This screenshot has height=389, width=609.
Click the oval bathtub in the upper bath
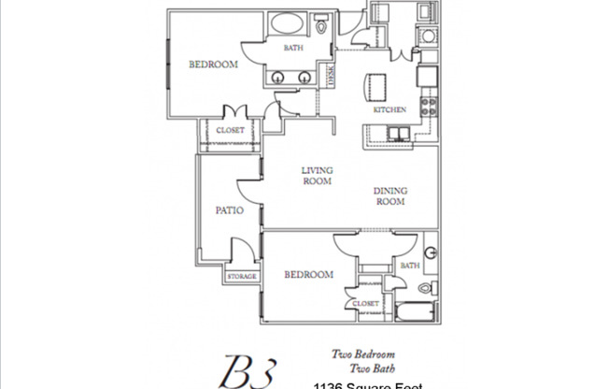click(x=290, y=26)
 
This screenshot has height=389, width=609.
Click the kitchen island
click(x=377, y=89)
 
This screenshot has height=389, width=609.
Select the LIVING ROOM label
click(x=317, y=176)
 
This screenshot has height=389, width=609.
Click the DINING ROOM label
click(x=391, y=195)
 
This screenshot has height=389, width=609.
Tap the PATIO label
click(x=229, y=210)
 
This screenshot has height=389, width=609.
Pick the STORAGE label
click(x=241, y=277)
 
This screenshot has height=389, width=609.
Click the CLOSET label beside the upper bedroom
click(x=230, y=131)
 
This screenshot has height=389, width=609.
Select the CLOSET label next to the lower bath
click(x=365, y=304)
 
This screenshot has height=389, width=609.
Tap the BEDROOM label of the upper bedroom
click(x=213, y=65)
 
